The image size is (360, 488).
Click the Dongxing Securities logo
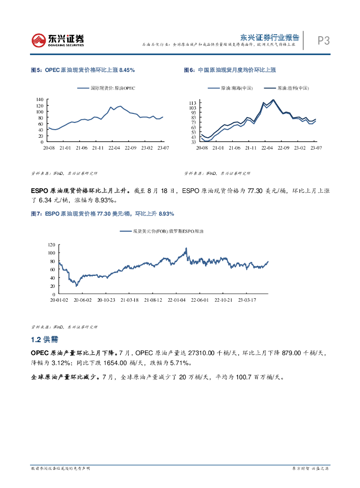click(x=57, y=40)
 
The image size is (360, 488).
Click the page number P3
click(x=324, y=41)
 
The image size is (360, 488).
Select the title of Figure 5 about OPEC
click(x=82, y=70)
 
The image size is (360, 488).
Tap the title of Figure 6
click(x=230, y=70)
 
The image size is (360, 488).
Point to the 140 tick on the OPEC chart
click(x=40, y=99)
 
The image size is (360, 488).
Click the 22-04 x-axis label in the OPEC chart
click(x=114, y=148)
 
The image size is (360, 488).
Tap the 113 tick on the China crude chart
click(x=193, y=103)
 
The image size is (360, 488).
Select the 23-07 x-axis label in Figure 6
click(x=316, y=148)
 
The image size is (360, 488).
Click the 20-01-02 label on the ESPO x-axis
click(x=60, y=300)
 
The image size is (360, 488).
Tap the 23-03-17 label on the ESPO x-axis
click(x=247, y=300)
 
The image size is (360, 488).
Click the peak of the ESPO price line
click(x=186, y=248)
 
